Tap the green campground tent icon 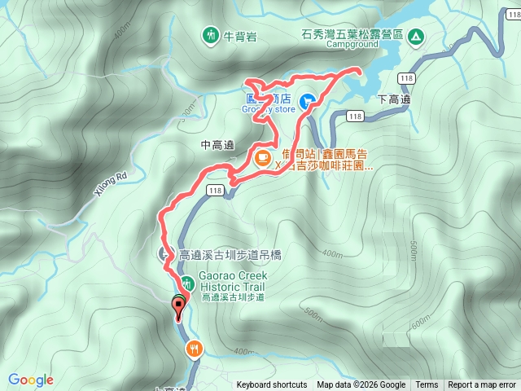pyautogui.click(x=415, y=36)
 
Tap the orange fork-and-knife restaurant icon pyautogui.click(x=194, y=349)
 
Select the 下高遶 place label pyautogui.click(x=394, y=99)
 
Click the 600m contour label pyautogui.click(x=420, y=325)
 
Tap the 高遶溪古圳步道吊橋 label pyautogui.click(x=225, y=254)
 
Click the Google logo pyautogui.click(x=30, y=380)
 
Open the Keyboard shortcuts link pyautogui.click(x=272, y=385)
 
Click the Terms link pyautogui.click(x=427, y=385)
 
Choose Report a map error pyautogui.click(x=482, y=385)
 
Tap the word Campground pyautogui.click(x=352, y=45)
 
